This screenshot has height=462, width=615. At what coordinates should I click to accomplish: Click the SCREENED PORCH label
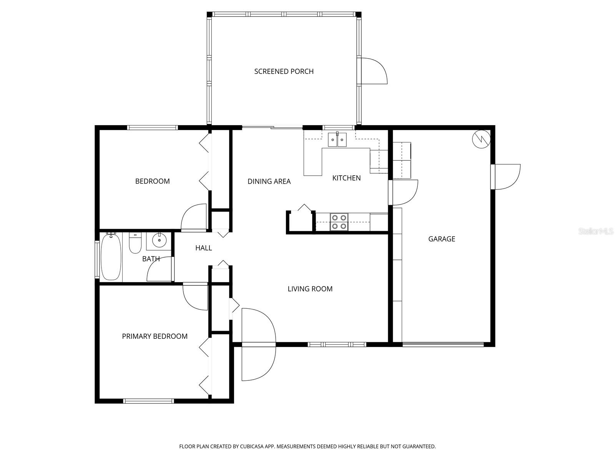(284, 71)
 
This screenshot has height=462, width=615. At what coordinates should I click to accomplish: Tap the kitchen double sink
(337, 140)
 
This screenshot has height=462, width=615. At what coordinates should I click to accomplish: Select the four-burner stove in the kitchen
(339, 222)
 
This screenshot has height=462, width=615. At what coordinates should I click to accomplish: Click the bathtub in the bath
(111, 257)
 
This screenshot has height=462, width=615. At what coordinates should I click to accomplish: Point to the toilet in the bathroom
(135, 243)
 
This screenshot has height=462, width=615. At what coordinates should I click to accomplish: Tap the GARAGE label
(442, 239)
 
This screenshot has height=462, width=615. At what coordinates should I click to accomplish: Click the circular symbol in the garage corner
(481, 139)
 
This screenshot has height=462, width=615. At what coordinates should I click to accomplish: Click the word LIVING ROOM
(310, 289)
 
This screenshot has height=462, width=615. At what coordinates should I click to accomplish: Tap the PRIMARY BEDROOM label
(155, 336)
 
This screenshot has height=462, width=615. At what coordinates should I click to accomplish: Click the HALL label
(203, 248)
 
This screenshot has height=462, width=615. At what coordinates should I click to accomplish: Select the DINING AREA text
(269, 181)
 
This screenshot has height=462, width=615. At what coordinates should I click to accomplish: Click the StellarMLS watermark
(596, 231)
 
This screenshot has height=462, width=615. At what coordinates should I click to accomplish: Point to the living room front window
(337, 344)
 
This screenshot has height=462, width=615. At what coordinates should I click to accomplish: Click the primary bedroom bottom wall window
(148, 401)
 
